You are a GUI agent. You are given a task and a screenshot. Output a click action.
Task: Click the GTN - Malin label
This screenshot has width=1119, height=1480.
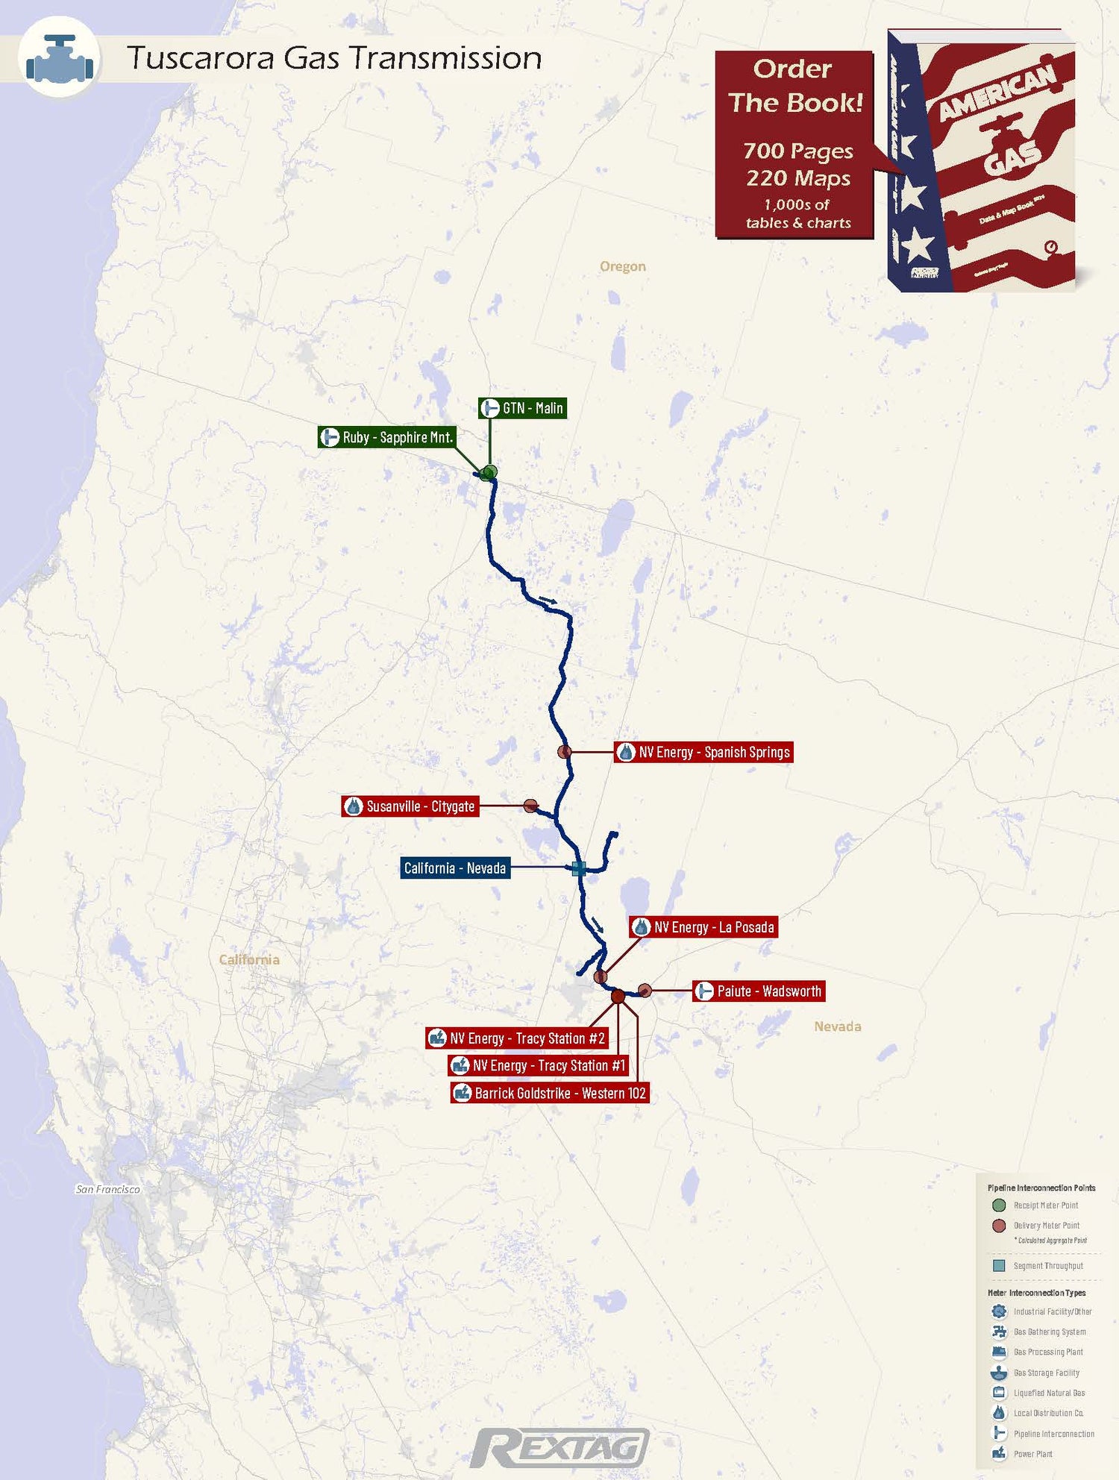coord(522,408)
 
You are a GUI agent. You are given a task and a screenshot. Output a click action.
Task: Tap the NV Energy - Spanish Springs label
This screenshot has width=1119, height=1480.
coord(703,752)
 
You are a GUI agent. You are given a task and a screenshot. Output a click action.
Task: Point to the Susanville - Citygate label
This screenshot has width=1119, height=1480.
coord(410,806)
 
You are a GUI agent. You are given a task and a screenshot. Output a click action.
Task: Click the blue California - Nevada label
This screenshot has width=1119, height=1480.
coord(455,868)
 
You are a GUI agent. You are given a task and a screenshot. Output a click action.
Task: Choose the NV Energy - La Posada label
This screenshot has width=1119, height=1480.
coord(703,927)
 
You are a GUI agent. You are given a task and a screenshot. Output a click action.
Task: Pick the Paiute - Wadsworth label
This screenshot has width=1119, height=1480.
coord(759,991)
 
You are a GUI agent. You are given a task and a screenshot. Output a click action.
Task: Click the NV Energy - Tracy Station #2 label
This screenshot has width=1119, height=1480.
coord(517,1038)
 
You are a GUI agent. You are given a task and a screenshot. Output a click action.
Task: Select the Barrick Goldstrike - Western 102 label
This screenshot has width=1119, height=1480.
coord(550,1094)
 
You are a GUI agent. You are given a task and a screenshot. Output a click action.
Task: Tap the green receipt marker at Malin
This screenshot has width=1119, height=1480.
coord(489,472)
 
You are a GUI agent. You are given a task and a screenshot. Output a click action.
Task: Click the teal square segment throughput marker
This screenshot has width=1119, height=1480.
coord(578,868)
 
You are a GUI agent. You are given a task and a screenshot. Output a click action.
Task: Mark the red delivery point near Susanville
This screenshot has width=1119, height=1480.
coord(530,806)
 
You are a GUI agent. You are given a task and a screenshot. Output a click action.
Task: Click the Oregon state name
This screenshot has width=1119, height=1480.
coord(623,266)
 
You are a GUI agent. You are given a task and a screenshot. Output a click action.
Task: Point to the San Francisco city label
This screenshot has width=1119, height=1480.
coord(108,1189)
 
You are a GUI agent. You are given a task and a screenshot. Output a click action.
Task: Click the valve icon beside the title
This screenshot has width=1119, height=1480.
coord(60,58)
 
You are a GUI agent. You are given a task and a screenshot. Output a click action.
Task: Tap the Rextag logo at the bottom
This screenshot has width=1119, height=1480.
coord(559,1449)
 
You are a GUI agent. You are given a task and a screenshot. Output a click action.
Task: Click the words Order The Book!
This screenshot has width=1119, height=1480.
coord(794,86)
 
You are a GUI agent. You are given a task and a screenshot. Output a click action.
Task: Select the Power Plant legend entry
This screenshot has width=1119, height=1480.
coord(1032,1454)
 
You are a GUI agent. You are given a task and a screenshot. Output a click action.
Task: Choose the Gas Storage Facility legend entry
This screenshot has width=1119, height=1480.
coord(1046,1373)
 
